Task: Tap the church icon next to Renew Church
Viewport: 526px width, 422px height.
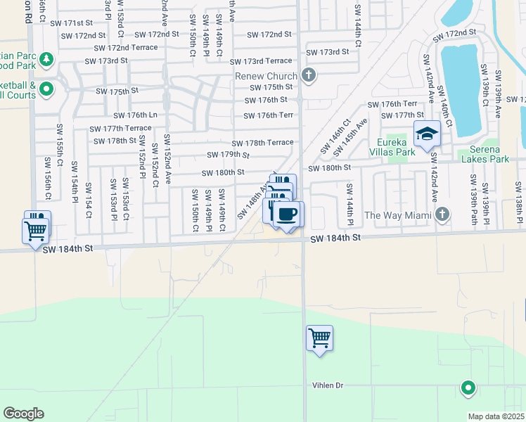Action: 308,75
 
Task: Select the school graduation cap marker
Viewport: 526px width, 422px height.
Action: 426,133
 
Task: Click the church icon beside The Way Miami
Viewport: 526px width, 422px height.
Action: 442,214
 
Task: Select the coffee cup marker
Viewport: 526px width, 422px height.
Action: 286,213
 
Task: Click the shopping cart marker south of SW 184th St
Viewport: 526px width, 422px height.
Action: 320,338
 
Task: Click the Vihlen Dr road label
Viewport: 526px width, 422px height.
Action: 328,385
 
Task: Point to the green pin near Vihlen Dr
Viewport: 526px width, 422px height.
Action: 468,387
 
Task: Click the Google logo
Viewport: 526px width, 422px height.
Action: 23,414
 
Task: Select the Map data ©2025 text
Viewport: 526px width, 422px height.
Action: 496,416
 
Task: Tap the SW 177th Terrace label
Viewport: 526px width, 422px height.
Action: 120,128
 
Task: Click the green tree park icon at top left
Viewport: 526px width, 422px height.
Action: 46,59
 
